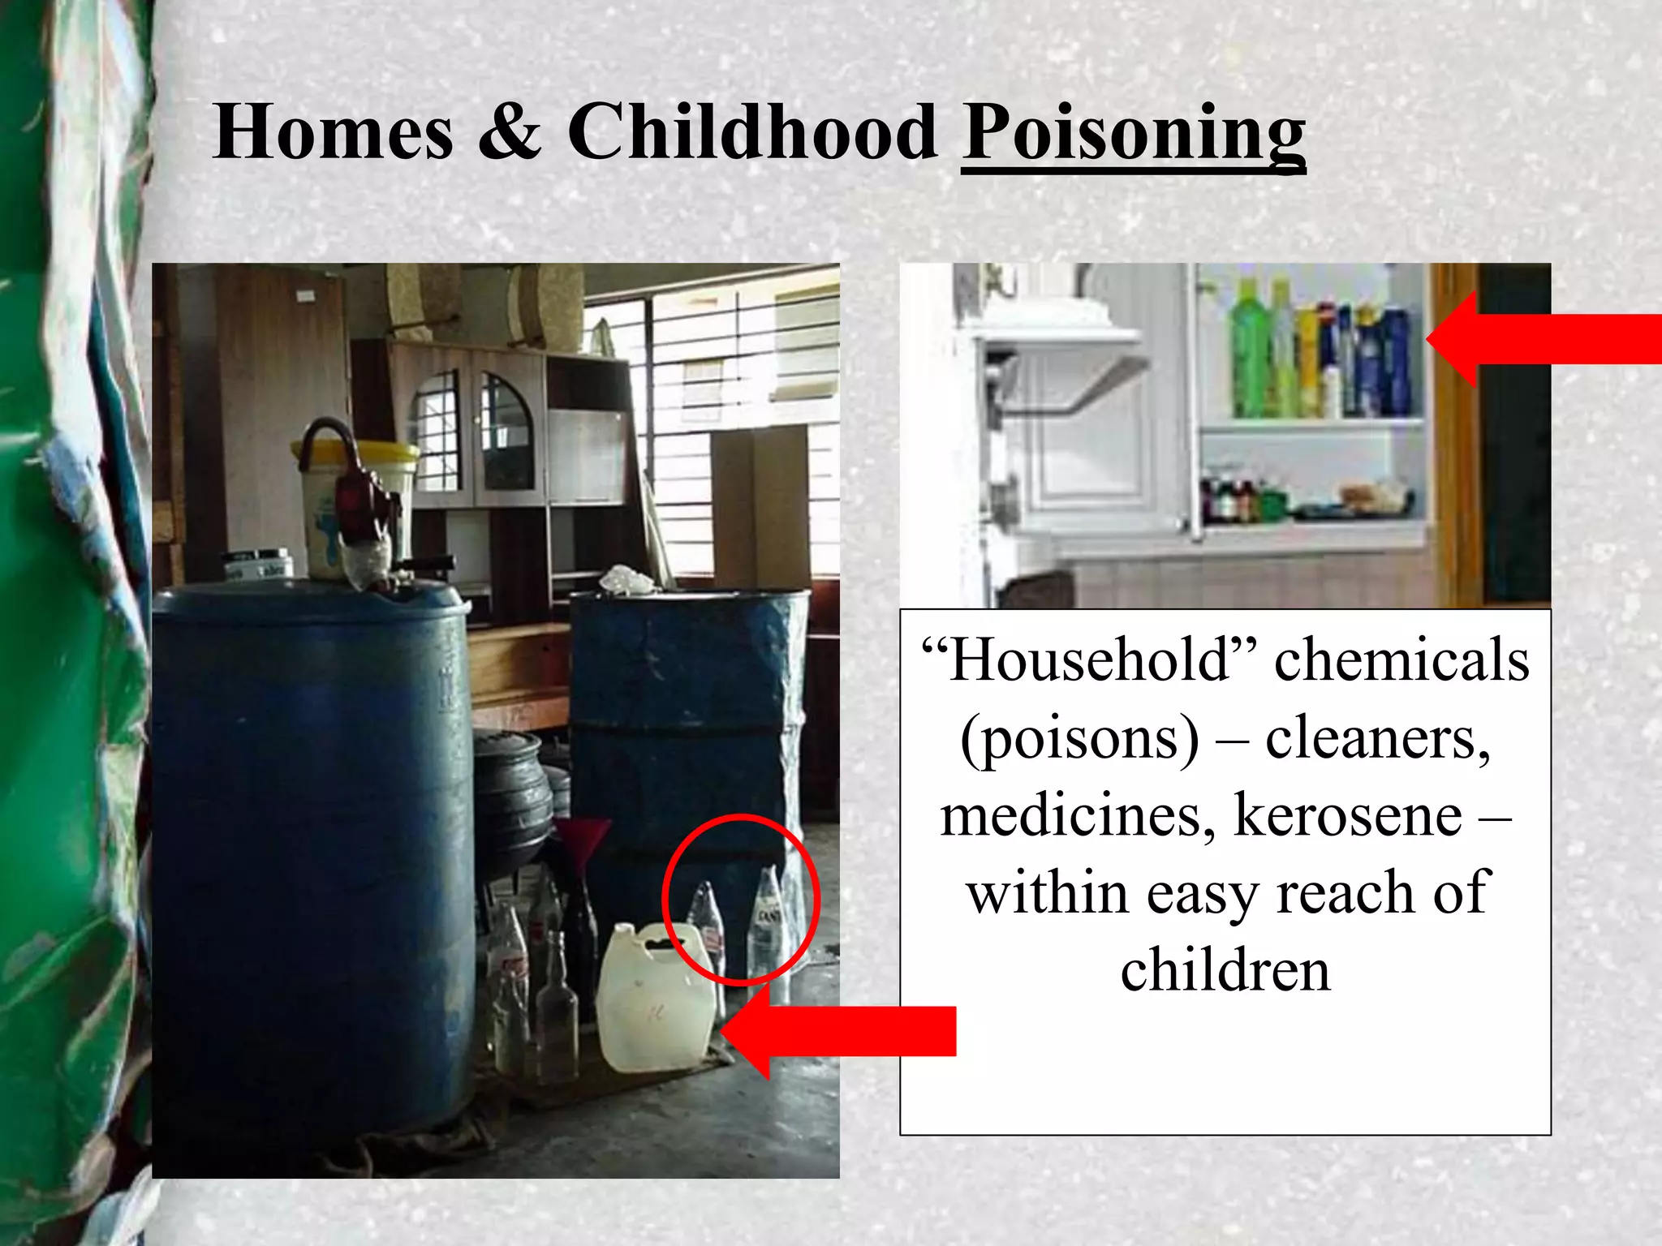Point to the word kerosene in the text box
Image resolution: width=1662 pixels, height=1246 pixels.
[1347, 815]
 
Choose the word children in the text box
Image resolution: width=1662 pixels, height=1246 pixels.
[1225, 970]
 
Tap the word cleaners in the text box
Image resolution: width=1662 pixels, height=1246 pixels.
[1377, 738]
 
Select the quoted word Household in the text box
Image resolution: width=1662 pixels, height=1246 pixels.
[1090, 660]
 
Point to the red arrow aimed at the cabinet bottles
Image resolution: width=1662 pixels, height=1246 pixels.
[1542, 339]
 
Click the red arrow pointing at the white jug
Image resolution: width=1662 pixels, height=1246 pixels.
[844, 1032]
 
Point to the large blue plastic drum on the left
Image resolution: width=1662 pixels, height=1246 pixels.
[312, 852]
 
